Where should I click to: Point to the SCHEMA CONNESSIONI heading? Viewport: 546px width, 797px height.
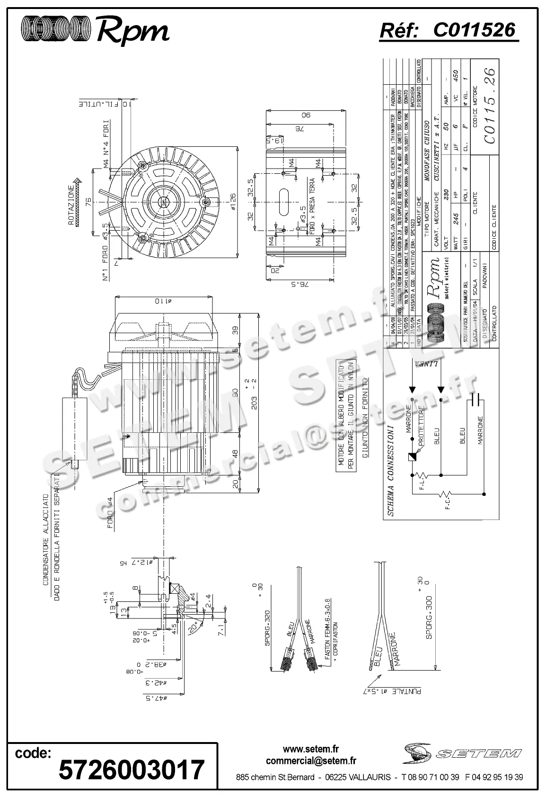pyautogui.click(x=390, y=469)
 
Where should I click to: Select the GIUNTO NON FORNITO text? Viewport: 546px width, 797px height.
pyautogui.click(x=364, y=417)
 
